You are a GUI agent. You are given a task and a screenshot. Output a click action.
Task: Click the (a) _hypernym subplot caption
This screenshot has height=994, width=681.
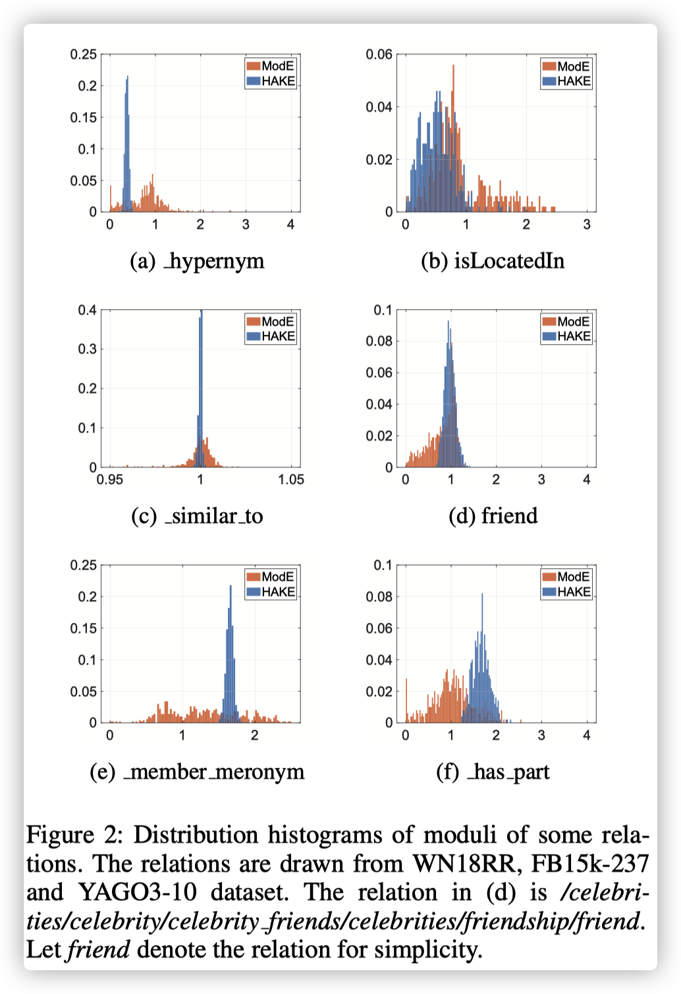click(x=197, y=261)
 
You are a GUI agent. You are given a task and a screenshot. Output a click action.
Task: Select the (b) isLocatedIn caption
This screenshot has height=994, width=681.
click(x=493, y=261)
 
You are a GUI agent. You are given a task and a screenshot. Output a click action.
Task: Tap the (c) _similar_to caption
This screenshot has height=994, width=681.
click(x=197, y=516)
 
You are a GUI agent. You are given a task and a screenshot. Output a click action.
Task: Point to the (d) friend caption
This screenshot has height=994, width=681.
click(x=493, y=516)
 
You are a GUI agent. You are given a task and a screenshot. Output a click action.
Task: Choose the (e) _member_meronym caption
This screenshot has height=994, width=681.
click(x=197, y=771)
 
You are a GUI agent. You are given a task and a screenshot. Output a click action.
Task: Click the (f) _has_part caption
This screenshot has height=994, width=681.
click(x=493, y=771)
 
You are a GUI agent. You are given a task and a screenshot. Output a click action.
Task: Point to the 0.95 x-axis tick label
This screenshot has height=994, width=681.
click(x=109, y=480)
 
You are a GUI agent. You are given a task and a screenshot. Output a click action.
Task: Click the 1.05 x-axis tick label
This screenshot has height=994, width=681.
click(x=291, y=480)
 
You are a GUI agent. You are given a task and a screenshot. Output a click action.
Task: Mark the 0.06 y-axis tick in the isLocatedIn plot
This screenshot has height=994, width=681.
click(x=379, y=54)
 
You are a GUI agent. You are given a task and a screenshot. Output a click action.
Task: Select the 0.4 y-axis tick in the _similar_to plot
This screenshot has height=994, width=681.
click(x=88, y=310)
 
